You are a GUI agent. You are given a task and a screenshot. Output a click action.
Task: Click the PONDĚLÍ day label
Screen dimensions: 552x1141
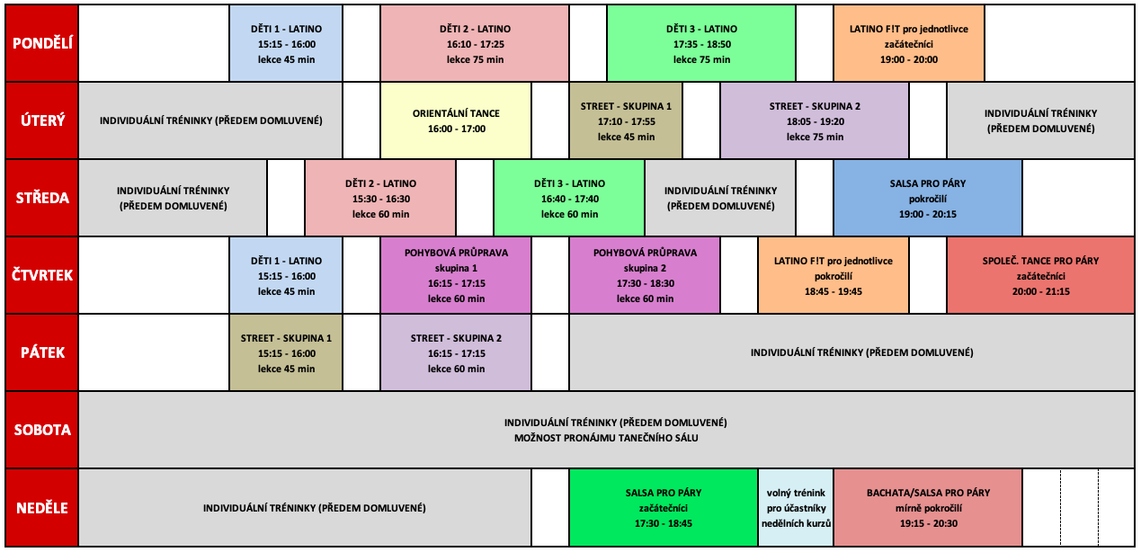pos(41,43)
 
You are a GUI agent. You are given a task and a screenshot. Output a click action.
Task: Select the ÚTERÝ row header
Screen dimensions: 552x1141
pos(41,120)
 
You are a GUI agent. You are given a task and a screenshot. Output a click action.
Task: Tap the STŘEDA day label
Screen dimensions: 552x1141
pos(41,198)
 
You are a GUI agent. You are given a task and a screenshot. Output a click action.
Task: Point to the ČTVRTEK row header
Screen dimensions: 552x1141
pos(41,275)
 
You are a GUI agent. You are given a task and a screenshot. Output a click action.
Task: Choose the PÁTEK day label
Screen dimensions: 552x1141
pos(41,352)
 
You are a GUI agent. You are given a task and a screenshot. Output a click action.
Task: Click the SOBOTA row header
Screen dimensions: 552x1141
pos(41,430)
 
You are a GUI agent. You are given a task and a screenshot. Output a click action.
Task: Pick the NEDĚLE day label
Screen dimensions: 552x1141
pos(41,507)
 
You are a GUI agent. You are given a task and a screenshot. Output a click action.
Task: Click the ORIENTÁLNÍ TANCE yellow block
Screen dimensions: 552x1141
pos(456,120)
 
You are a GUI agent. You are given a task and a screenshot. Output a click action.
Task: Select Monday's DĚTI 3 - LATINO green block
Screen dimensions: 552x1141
pos(700,43)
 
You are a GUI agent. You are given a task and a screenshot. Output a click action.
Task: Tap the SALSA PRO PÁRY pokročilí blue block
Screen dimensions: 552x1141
pos(927,198)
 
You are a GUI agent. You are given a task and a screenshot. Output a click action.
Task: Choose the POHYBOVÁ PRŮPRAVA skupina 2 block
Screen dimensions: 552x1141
pos(645,275)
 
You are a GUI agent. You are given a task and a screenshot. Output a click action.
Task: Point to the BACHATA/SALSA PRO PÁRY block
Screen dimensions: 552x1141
pos(928,507)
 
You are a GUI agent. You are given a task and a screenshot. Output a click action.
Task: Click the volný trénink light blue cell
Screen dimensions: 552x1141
pos(796,507)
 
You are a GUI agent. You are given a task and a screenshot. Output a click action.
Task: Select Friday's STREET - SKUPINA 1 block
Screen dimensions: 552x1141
pos(286,352)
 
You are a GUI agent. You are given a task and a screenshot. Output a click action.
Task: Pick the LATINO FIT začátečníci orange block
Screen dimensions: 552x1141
pos(908,43)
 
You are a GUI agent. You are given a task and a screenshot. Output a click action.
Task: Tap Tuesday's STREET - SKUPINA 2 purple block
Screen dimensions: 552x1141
pos(815,120)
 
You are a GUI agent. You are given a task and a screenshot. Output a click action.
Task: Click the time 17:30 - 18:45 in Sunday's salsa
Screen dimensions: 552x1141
pos(664,522)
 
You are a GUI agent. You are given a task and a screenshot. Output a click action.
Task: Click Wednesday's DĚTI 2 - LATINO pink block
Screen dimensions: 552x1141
pos(380,198)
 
